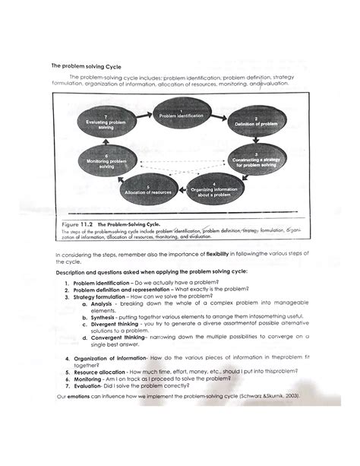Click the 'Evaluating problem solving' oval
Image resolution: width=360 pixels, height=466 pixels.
106,122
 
